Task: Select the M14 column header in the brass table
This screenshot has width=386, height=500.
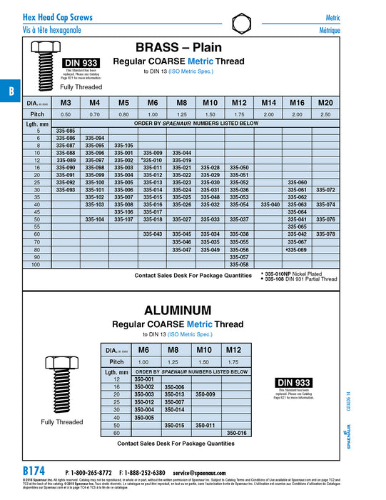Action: pyautogui.click(x=269, y=103)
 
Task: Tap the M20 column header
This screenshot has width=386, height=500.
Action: pyautogui.click(x=325, y=103)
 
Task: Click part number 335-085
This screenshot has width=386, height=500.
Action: pyautogui.click(x=66, y=131)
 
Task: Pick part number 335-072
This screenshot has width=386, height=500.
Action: pyautogui.click(x=325, y=190)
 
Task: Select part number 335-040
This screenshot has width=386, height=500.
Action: pyautogui.click(x=269, y=205)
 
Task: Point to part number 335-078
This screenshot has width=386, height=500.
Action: pyautogui.click(x=325, y=234)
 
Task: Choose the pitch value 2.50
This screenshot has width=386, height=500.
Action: pyautogui.click(x=325, y=114)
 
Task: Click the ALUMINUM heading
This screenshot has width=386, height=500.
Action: pyautogui.click(x=178, y=311)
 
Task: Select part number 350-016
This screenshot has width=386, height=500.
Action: pyautogui.click(x=235, y=433)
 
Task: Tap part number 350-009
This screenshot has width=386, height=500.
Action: pyautogui.click(x=205, y=394)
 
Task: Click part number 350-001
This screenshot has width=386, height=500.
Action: pyautogui.click(x=145, y=379)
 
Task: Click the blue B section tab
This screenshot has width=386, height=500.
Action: pyautogui.click(x=10, y=91)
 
